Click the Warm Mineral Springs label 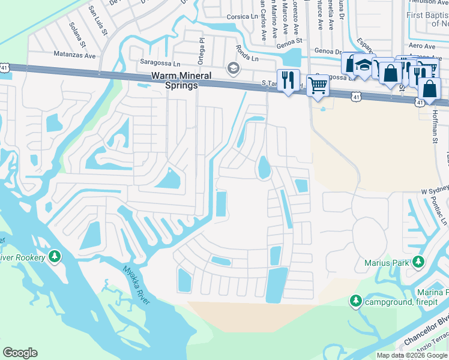174,81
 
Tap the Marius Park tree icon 418,262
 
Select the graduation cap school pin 363,65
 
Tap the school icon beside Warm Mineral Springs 233,68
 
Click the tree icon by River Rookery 55,257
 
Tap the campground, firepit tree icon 356,300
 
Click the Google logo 20,353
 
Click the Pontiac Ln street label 442,212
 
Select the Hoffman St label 435,127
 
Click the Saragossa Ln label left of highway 160,62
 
